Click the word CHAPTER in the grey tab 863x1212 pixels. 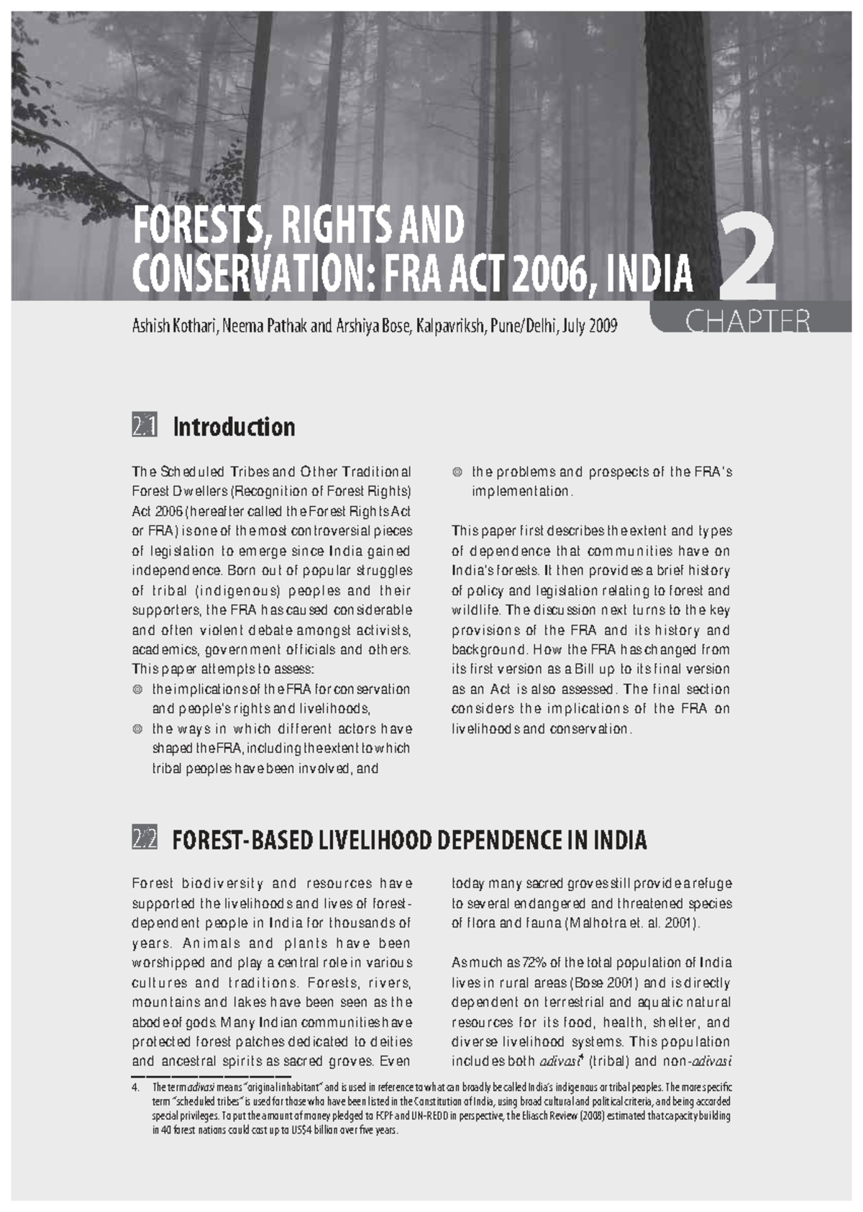click(x=747, y=322)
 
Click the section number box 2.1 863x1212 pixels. click(x=144, y=427)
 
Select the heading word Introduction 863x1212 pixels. click(x=234, y=427)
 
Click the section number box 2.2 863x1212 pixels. click(x=144, y=839)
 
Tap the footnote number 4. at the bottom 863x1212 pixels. click(x=136, y=1087)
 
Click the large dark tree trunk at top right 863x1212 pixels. click(x=672, y=108)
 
